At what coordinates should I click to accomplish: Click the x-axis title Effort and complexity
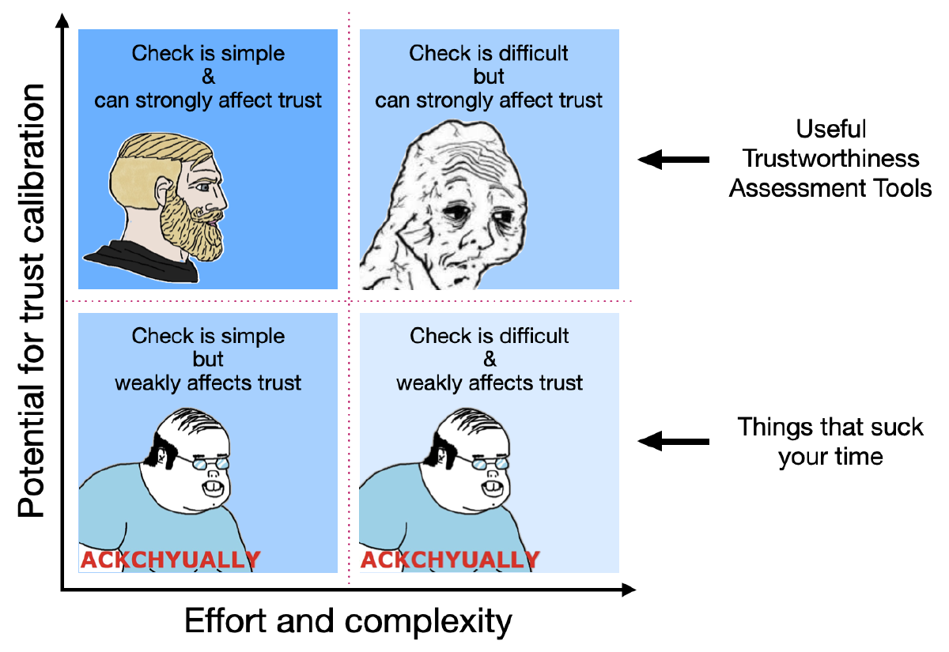click(348, 622)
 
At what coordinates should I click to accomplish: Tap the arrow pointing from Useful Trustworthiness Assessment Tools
click(673, 160)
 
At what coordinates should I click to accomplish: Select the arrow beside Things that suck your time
click(673, 440)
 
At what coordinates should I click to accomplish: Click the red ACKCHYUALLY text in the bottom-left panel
click(170, 560)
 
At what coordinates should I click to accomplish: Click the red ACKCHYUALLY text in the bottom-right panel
click(450, 560)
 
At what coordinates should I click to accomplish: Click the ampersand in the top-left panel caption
click(208, 77)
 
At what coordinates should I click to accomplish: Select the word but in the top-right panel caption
click(489, 77)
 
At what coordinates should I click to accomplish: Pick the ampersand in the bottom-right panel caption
click(489, 360)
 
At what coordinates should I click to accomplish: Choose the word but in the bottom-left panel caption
click(208, 360)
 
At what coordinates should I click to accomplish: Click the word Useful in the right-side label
click(831, 130)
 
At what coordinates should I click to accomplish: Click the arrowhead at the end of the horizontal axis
click(629, 590)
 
